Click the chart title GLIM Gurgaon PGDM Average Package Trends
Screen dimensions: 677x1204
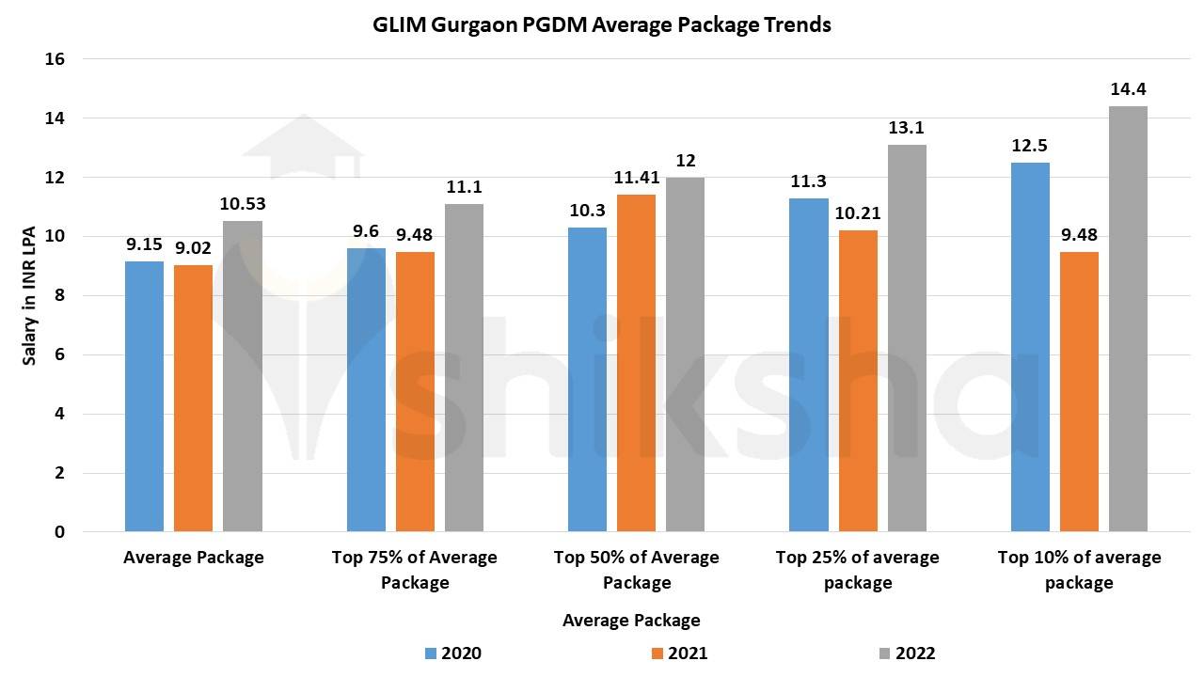pos(602,25)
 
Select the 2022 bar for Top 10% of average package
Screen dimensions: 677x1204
pos(1128,319)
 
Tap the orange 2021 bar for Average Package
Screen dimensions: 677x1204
pos(193,399)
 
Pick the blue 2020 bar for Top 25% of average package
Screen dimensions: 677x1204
pos(808,365)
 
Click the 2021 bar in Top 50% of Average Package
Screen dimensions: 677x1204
pos(637,363)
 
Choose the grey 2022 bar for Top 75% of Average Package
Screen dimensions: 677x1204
pos(464,368)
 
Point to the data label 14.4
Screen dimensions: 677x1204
pos(1127,90)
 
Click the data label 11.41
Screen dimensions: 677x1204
pos(637,178)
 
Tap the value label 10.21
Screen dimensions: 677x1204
pos(858,213)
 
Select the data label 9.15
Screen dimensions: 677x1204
pos(144,244)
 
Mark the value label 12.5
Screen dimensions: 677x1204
pos(1030,146)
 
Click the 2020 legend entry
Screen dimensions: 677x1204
pos(452,653)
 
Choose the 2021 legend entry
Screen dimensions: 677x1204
pos(678,653)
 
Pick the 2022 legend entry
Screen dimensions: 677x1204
pos(906,653)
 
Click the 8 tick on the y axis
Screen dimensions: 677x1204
pos(59,295)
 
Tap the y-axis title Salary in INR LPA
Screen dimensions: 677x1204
pos(29,295)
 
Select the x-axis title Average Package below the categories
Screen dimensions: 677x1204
pos(631,621)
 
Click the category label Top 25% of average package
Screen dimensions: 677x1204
pos(857,570)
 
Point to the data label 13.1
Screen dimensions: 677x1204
pos(906,129)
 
